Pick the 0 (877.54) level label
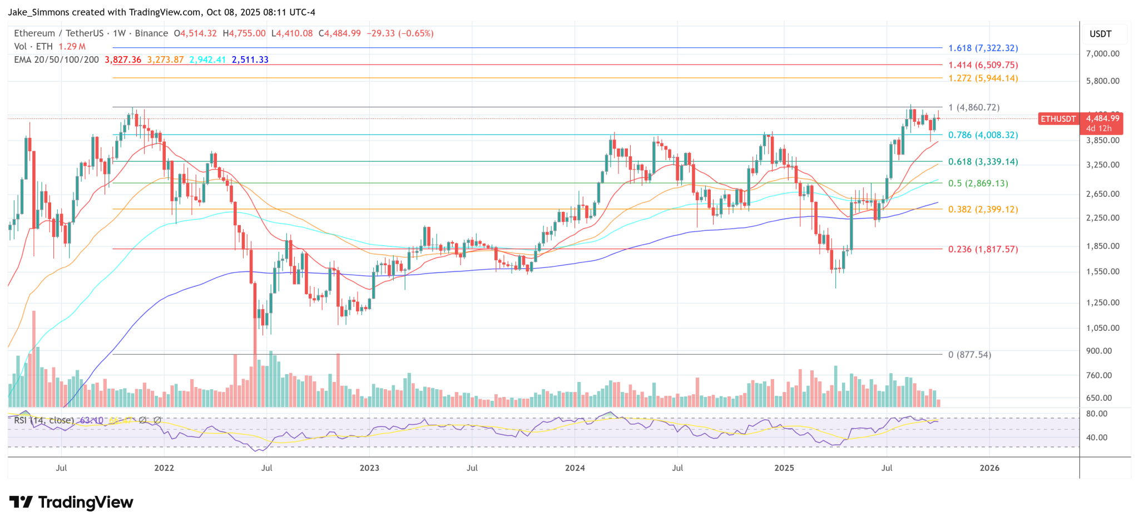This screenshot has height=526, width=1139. pyautogui.click(x=969, y=355)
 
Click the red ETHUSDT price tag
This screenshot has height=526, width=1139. pyautogui.click(x=1057, y=119)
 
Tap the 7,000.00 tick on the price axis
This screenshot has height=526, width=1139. pyautogui.click(x=1102, y=54)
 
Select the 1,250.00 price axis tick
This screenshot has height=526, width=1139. pyautogui.click(x=1102, y=303)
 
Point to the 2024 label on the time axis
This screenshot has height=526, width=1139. pyautogui.click(x=575, y=468)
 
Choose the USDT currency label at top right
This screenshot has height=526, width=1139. pyautogui.click(x=1100, y=34)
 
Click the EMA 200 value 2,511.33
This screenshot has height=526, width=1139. pyautogui.click(x=250, y=60)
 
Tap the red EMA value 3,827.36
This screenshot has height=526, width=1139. pyautogui.click(x=123, y=60)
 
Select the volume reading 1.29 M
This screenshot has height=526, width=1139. pyautogui.click(x=72, y=47)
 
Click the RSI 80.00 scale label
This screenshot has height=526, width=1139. pyautogui.click(x=1097, y=414)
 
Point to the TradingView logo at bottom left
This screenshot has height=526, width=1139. pyautogui.click(x=71, y=503)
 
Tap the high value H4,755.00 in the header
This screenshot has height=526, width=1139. pyautogui.click(x=244, y=33)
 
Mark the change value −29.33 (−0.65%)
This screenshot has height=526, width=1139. pyautogui.click(x=400, y=33)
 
